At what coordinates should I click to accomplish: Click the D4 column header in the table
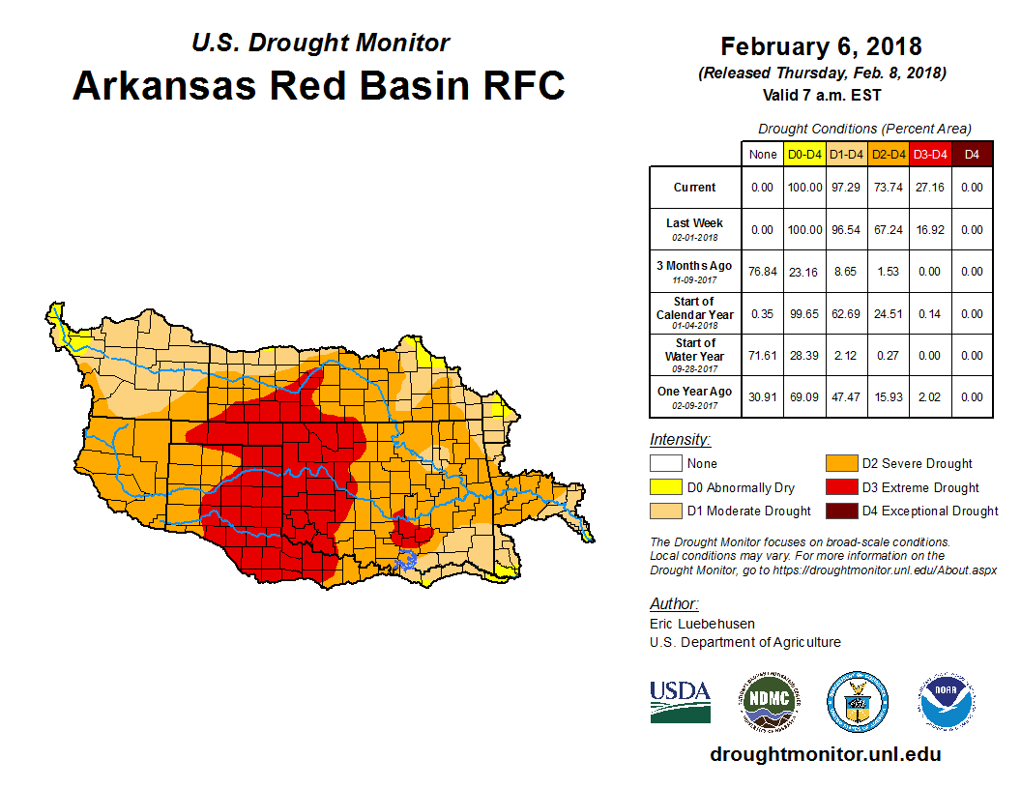point(972,154)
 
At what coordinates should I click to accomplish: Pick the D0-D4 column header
point(804,154)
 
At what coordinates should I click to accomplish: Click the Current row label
point(695,188)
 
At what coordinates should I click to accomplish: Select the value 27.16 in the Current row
point(930,188)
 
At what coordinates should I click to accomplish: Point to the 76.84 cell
point(763,272)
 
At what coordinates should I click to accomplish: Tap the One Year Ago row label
point(695,392)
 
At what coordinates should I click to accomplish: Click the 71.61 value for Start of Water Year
point(763,356)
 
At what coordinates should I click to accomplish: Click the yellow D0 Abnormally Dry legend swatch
point(666,487)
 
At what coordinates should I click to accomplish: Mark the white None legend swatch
point(666,464)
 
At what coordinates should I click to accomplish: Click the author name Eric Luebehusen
point(703,624)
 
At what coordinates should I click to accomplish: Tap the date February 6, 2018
point(821,46)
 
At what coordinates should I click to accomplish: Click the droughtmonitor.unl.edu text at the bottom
point(825,754)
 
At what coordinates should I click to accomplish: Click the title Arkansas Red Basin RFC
point(319,86)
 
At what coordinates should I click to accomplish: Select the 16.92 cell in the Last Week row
point(930,230)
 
